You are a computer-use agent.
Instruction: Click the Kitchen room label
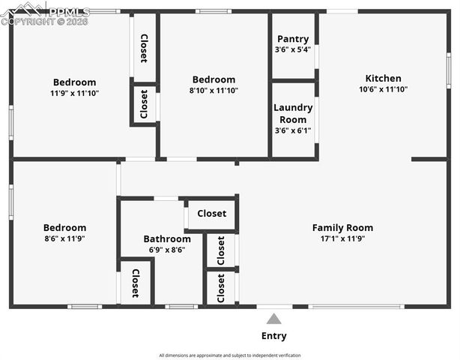coord(383,78)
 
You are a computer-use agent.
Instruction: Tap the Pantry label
coord(292,39)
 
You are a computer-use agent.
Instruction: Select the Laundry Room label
coord(293,113)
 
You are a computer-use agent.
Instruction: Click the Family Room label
coord(342,228)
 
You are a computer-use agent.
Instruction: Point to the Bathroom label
coord(167,239)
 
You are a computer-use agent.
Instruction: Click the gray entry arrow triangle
coord(274,319)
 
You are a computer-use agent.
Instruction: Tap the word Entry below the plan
coord(273,336)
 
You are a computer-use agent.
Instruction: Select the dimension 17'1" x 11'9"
coord(342,239)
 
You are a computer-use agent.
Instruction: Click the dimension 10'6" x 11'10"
coord(383,89)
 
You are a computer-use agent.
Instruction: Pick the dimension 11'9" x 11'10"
coord(74,93)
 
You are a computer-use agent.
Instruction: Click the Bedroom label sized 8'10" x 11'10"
coord(214,79)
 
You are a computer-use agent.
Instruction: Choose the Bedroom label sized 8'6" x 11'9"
coord(64,228)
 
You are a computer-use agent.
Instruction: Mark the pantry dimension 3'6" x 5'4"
coord(292,49)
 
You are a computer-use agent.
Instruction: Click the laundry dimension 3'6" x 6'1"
coord(293,130)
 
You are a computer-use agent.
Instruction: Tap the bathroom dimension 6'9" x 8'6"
coord(167,250)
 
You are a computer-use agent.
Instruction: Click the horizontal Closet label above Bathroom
coord(211,214)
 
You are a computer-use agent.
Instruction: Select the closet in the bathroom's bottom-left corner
coord(136,283)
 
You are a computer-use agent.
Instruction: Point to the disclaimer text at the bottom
coord(230,355)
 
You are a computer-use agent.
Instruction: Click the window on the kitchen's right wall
coord(449,71)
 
